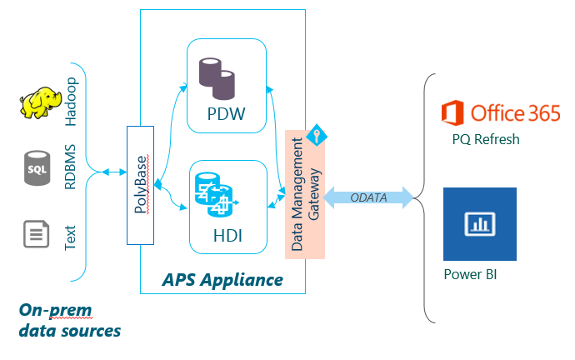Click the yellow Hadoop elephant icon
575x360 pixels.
pos(41,102)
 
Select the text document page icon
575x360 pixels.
pos(37,232)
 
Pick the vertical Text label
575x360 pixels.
pos(71,232)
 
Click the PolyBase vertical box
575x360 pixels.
pos(140,185)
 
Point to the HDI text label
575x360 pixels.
pos(226,236)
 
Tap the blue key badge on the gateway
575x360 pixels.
pos(317,135)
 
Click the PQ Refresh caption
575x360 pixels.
pos(486,139)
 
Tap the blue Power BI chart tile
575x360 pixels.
pos(479,224)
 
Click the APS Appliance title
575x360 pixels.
pos(222,279)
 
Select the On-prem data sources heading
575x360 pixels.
pos(70,321)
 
